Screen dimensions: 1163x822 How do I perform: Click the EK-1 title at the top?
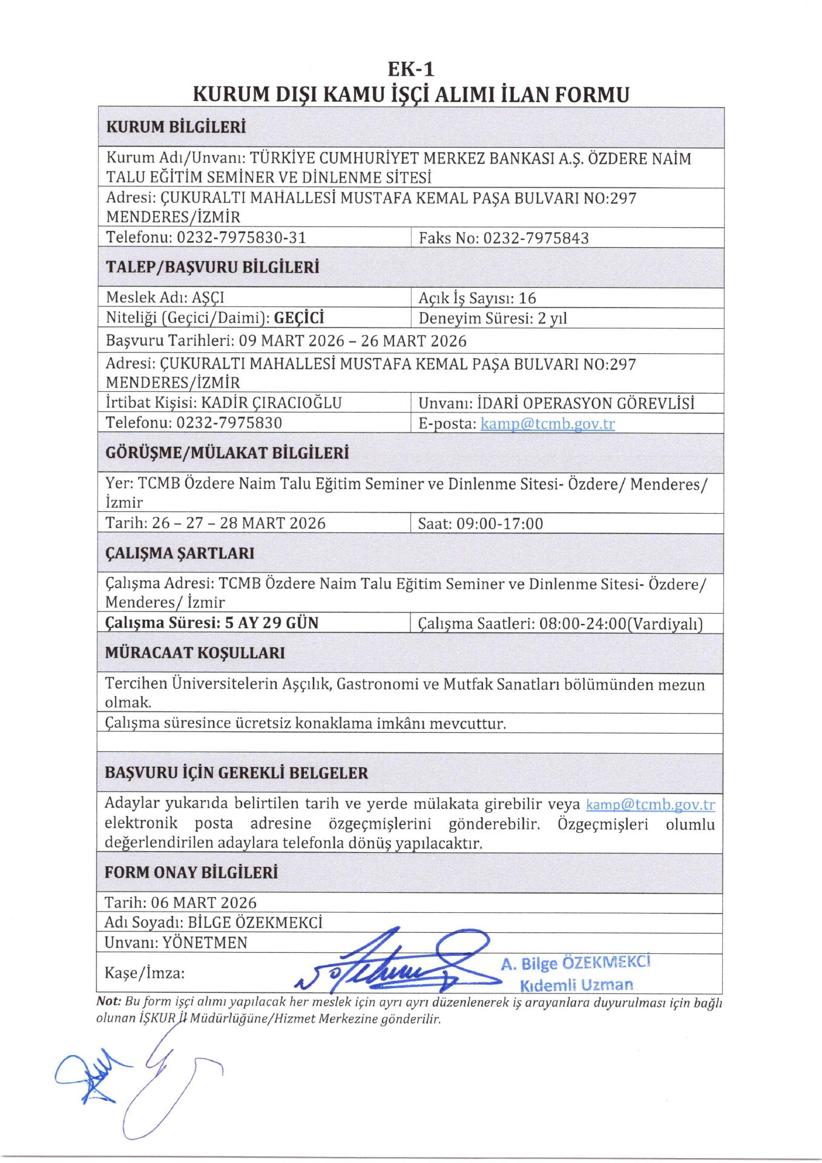(411, 68)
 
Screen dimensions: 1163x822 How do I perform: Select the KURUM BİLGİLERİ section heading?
(176, 127)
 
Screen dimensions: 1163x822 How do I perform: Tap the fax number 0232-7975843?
(536, 238)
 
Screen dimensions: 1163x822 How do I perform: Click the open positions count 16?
(527, 298)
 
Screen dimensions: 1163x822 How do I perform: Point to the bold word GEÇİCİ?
(299, 318)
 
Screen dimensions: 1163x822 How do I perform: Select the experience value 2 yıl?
(552, 319)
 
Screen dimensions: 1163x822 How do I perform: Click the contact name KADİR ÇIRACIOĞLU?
(271, 403)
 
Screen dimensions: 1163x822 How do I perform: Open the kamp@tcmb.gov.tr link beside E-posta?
(547, 423)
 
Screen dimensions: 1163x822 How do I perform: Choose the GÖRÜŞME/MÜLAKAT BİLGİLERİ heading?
(227, 453)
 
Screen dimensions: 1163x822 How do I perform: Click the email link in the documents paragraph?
(650, 804)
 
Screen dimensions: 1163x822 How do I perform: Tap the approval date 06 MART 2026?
(203, 903)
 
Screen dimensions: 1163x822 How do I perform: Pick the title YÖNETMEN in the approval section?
(205, 943)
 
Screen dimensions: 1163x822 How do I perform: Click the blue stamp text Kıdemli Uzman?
(576, 985)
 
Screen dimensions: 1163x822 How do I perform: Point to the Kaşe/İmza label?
(145, 973)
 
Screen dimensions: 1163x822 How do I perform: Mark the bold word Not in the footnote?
(108, 1002)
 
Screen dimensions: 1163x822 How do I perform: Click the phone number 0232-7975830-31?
(241, 237)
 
